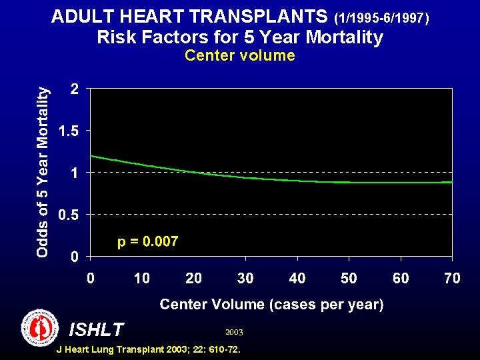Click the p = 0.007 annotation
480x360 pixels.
[147, 241]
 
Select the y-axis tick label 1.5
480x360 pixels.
[67, 131]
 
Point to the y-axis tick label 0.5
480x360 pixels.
[67, 215]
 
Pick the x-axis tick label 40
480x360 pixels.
[297, 278]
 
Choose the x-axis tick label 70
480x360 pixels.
[452, 278]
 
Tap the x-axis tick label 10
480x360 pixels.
[142, 278]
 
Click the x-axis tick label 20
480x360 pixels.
[193, 278]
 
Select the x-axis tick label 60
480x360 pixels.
[401, 278]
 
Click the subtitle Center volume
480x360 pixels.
[239, 55]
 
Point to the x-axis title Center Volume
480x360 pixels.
[271, 305]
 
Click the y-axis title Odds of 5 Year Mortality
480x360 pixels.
[43, 173]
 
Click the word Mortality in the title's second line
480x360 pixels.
[342, 37]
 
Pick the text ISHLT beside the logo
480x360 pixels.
[96, 329]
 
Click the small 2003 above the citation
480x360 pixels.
[235, 331]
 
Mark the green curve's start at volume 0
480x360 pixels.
[91, 156]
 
